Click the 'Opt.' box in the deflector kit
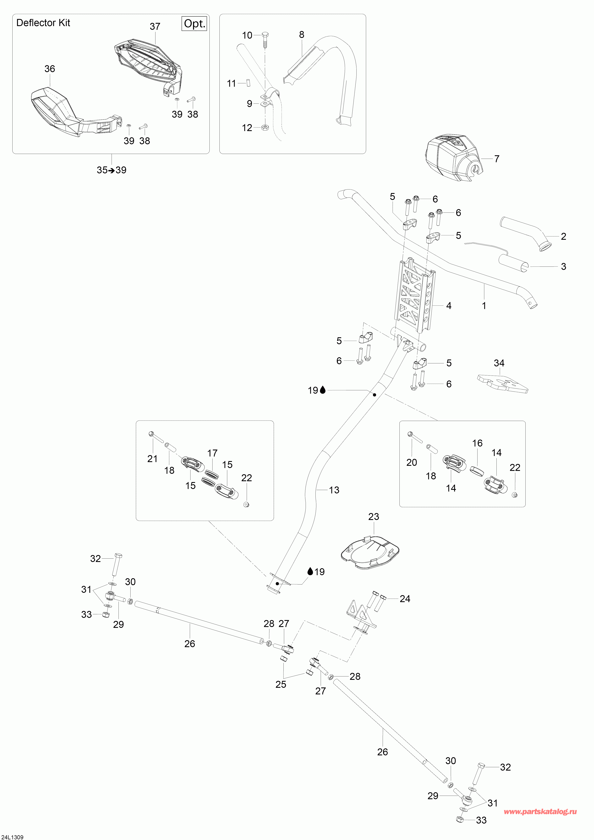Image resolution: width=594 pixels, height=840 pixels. [x=194, y=24]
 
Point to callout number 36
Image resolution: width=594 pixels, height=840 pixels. [x=50, y=69]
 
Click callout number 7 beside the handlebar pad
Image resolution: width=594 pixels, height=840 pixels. [x=497, y=159]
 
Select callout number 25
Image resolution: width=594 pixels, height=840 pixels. [x=281, y=684]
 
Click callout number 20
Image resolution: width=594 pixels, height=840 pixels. [x=412, y=462]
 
